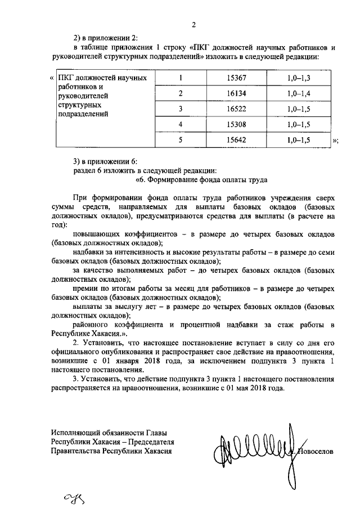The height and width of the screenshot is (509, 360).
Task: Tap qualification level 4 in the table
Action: click(x=181, y=124)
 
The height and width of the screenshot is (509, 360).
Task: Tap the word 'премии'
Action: click(x=85, y=288)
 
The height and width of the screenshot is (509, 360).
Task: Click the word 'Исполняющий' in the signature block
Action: click(x=73, y=432)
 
